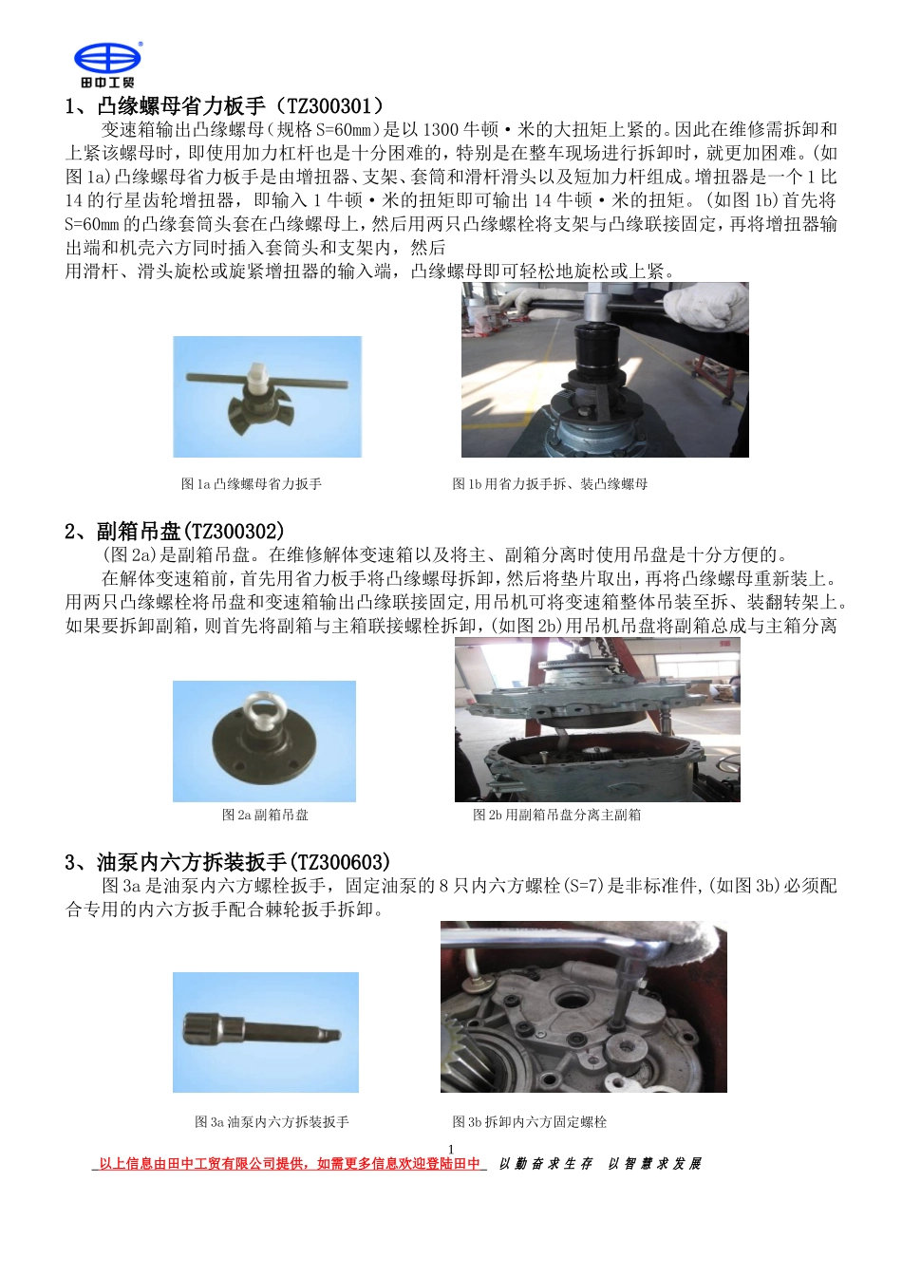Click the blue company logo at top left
[x=107, y=61]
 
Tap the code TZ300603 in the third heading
[x=338, y=862]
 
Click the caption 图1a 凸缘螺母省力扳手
[x=252, y=484]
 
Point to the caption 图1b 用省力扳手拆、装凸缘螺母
[x=550, y=484]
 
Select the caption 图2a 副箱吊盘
[x=265, y=815]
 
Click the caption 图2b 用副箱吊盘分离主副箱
[x=556, y=815]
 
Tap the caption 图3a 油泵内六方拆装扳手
[x=272, y=1122]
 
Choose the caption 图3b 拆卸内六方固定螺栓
[x=529, y=1122]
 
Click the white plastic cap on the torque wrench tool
[x=255, y=376]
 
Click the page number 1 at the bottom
[x=451, y=1149]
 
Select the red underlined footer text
[x=290, y=1164]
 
